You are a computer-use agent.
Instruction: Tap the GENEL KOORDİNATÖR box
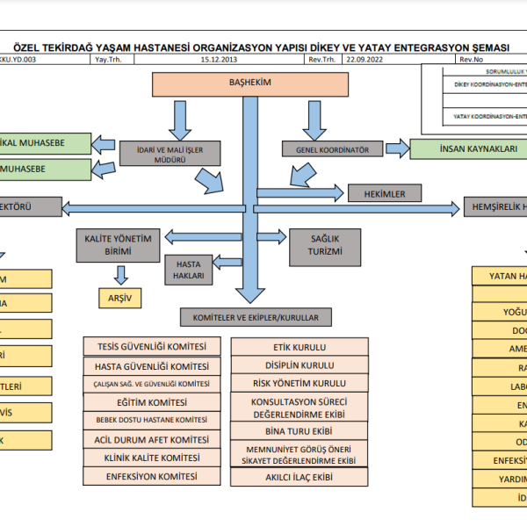click(327, 149)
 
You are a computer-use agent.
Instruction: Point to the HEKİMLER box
click(385, 192)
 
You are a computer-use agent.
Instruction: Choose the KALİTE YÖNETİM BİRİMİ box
click(119, 245)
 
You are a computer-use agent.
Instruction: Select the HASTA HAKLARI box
click(191, 270)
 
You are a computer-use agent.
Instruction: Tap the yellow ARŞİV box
click(119, 298)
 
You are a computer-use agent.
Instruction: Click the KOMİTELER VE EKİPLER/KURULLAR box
click(255, 316)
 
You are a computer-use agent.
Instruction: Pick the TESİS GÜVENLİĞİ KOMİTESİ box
click(151, 346)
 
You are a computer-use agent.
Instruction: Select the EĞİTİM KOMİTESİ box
click(151, 401)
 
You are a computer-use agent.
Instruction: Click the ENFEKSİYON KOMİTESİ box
click(151, 475)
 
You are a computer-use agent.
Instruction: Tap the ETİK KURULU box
click(299, 346)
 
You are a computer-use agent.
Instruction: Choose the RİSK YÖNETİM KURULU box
click(299, 383)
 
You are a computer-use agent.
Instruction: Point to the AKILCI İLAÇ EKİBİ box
click(299, 477)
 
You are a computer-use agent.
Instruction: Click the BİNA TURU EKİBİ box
click(299, 431)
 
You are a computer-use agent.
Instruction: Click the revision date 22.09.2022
click(365, 60)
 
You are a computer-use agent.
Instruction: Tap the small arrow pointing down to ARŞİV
click(119, 276)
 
